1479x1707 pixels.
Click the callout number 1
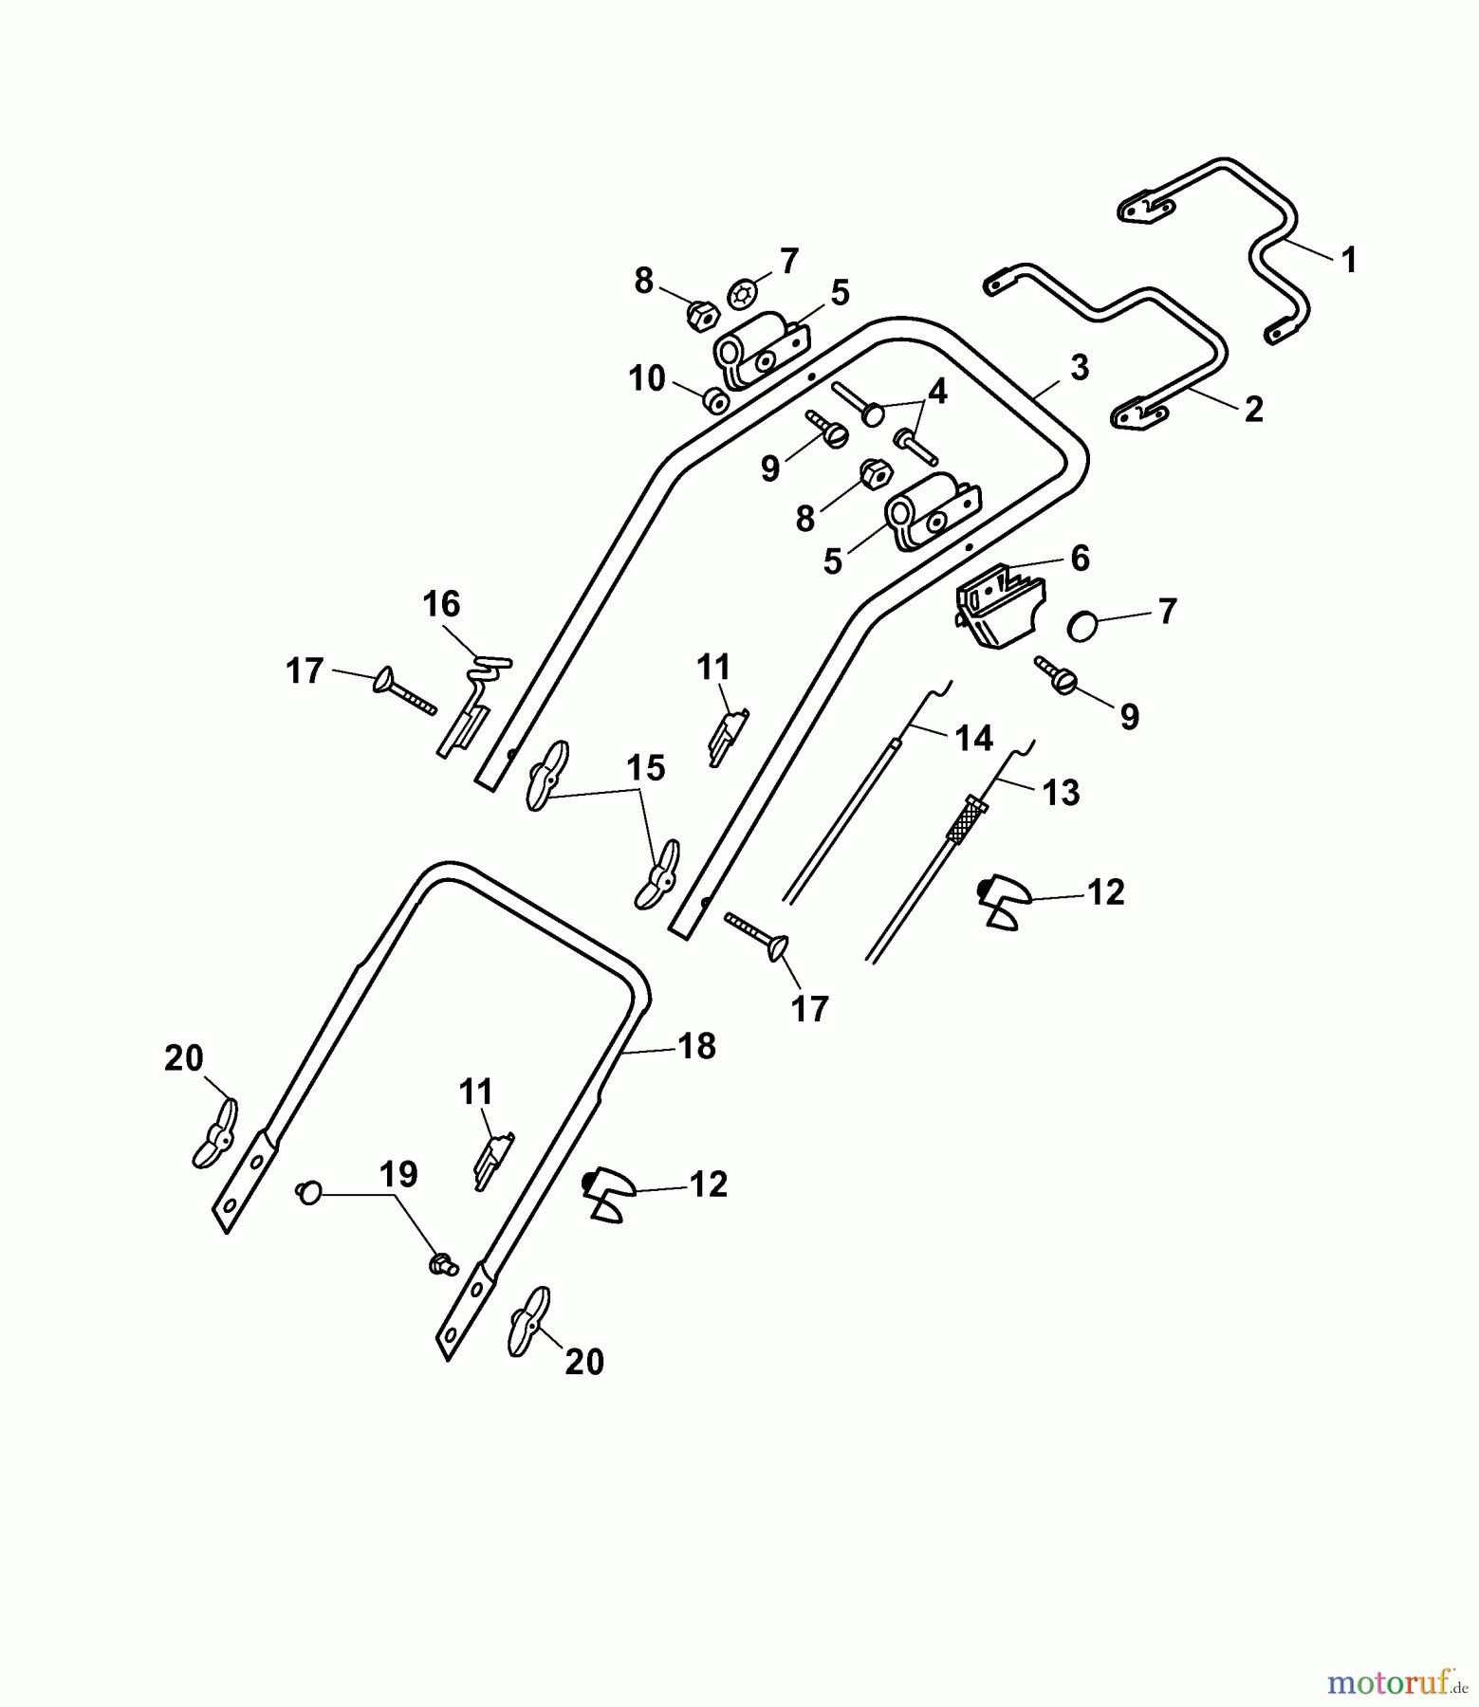[1348, 260]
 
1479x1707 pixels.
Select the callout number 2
[1253, 410]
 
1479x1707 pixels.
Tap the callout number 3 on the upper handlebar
[1080, 368]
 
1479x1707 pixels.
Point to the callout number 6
[1081, 559]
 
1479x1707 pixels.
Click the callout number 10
[647, 379]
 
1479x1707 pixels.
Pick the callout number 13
[1061, 792]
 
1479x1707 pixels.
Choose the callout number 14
[974, 738]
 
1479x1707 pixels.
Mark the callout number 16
[441, 604]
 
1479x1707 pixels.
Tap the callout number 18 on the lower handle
[697, 1046]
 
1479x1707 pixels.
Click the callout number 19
[398, 1174]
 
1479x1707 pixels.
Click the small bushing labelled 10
[714, 401]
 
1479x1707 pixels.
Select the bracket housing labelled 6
[1000, 606]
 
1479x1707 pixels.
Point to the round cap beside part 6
[1082, 627]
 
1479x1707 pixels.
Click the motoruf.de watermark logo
[1399, 1683]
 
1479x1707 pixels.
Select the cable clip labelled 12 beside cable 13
[1002, 901]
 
